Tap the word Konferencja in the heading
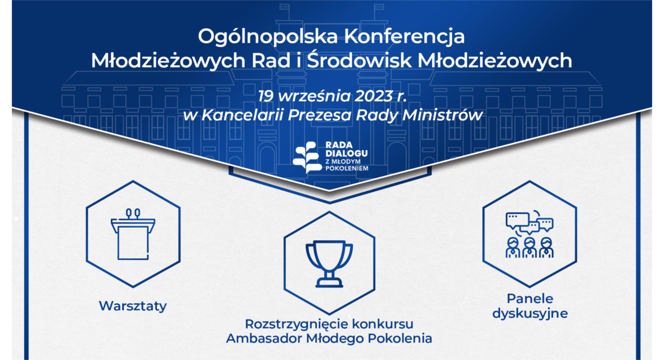[x=404, y=37]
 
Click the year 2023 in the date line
[x=374, y=96]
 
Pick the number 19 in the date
[x=266, y=96]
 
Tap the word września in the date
[x=314, y=97]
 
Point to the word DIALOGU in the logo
[x=347, y=153]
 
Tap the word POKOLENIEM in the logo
[x=347, y=168]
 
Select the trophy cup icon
[x=329, y=263]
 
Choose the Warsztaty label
[x=133, y=306]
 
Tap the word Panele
[x=530, y=299]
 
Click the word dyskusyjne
[x=530, y=314]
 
